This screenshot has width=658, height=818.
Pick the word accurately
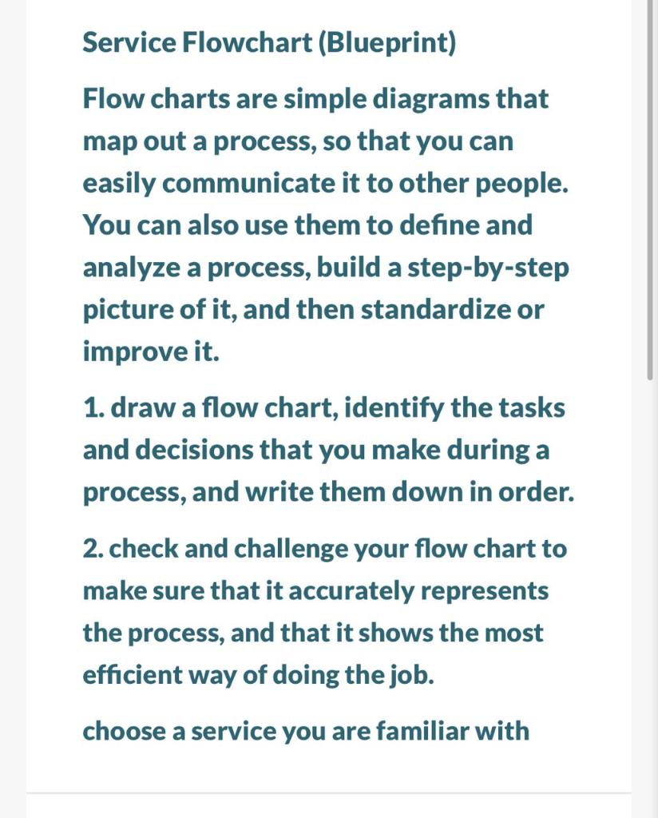[x=351, y=591]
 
